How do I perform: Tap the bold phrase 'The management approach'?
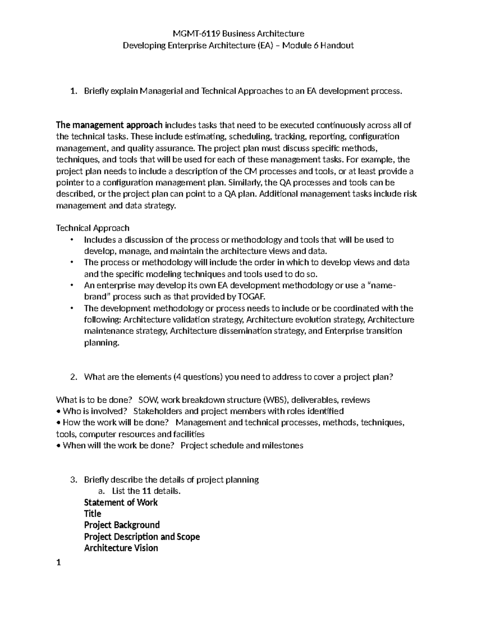coord(109,125)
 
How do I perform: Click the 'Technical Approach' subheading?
coord(93,228)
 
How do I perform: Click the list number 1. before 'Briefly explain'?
coord(73,91)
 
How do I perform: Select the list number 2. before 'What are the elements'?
coord(73,377)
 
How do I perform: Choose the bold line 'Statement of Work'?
coord(121,503)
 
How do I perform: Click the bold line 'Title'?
coord(93,514)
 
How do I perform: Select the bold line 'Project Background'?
coord(122,525)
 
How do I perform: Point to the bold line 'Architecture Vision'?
coord(121,548)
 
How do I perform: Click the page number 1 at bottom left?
coord(58,563)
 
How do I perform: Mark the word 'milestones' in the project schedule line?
coord(283,445)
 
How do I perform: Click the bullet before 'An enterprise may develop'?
coord(72,285)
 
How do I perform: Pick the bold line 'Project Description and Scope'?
coord(142,537)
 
